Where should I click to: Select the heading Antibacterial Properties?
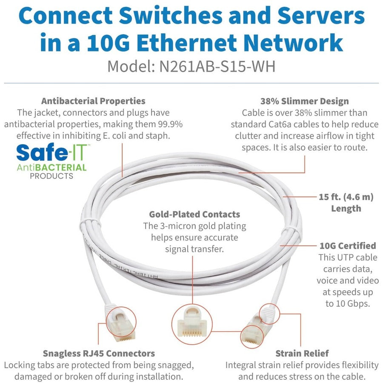click(93, 101)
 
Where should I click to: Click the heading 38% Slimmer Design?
click(304, 101)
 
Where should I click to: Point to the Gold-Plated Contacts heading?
click(194, 214)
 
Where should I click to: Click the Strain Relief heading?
click(302, 353)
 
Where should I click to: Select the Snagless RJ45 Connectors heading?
click(99, 353)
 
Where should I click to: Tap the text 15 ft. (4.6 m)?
click(346, 197)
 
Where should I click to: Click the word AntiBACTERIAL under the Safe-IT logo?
click(51, 167)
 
